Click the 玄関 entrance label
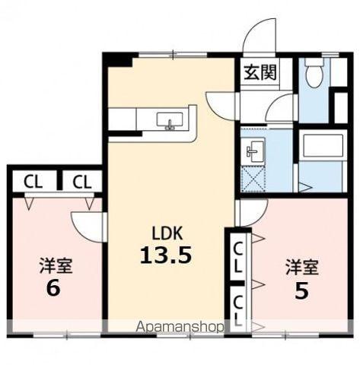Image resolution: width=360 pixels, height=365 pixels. (260, 72)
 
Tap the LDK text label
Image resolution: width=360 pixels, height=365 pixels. (167, 233)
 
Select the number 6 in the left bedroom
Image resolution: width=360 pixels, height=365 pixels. (53, 288)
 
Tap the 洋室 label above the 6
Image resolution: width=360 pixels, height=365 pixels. (56, 265)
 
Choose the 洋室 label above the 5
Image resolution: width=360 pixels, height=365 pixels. (302, 267)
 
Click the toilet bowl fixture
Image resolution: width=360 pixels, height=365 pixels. (314, 72)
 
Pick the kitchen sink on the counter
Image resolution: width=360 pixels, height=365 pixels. (170, 119)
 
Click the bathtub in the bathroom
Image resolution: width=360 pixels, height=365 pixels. (323, 145)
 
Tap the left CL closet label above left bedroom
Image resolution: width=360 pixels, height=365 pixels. (33, 182)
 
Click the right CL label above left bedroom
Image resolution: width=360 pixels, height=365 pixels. (81, 182)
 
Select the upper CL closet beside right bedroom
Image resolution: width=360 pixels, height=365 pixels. (237, 258)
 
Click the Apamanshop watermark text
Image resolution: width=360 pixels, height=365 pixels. (180, 327)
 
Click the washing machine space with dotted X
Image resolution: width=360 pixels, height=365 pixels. (253, 178)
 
